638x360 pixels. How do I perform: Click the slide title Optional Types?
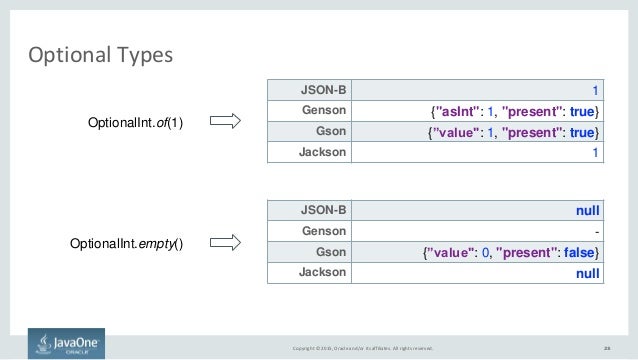pos(100,53)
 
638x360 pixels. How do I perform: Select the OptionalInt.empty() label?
pos(127,243)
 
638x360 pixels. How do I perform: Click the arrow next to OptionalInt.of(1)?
pos(229,122)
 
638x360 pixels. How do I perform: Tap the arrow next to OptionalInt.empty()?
pos(229,243)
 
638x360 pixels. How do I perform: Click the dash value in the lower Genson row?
pos(595,232)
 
